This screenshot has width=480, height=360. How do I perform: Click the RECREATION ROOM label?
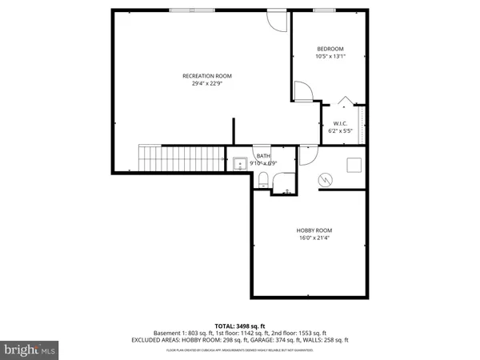[x=201, y=76]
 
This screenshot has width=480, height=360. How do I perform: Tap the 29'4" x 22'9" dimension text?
[x=201, y=84]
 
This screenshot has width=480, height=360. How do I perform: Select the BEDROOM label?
[x=330, y=49]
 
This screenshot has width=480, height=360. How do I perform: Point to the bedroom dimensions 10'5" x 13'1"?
[x=330, y=57]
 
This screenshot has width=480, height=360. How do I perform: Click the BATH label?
[x=263, y=156]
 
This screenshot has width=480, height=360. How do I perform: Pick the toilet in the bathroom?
[x=264, y=181]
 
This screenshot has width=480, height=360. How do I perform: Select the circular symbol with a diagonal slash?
[x=325, y=180]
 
